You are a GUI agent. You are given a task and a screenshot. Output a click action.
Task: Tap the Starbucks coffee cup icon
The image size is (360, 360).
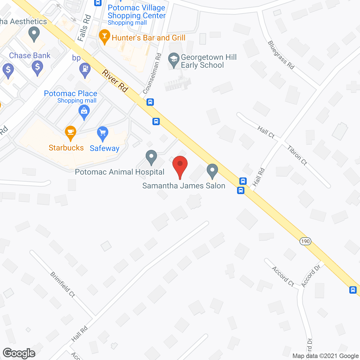pos(70,132)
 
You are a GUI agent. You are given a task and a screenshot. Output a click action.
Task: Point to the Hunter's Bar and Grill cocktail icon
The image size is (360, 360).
pos(105,36)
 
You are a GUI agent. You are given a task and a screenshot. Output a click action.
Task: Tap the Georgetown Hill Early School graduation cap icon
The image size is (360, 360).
pos(174,59)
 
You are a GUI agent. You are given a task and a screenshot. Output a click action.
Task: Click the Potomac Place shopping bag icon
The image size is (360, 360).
pos(84,111)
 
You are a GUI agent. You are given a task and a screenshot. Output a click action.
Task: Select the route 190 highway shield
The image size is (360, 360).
pos(305,241)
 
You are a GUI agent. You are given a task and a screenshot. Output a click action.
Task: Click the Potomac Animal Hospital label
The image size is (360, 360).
pos(120,172)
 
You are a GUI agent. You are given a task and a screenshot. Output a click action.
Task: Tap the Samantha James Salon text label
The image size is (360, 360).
pos(184,186)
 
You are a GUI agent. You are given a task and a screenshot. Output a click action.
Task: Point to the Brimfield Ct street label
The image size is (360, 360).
pos(63,284)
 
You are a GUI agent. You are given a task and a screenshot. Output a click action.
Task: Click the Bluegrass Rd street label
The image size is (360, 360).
pos(281,55)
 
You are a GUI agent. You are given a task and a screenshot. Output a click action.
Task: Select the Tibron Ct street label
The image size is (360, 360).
pos(297,155)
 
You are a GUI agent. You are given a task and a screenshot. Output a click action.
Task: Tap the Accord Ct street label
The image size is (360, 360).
pos(283,276)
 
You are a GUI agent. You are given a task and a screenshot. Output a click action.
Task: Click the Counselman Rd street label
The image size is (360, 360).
pos(152,74)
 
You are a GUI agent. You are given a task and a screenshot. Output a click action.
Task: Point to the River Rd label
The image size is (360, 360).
pos(115,81)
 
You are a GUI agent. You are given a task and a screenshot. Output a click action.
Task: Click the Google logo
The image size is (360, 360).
pos(19,353)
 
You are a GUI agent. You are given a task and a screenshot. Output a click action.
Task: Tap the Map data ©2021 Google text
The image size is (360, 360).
pos(325,356)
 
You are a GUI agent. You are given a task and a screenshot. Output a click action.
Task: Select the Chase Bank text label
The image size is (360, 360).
pos(30,56)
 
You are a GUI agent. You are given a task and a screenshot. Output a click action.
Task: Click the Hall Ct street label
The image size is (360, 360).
pos(266,132)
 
